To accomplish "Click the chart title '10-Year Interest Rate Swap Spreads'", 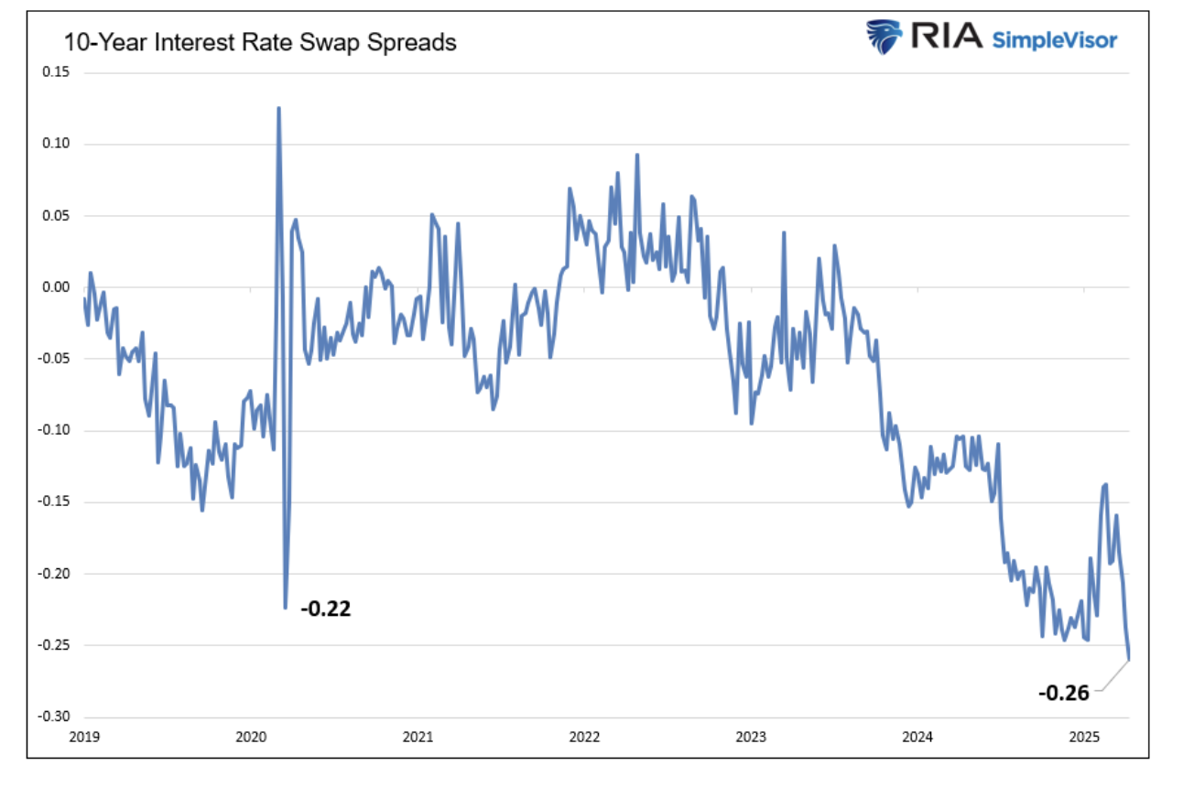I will tap(259, 43).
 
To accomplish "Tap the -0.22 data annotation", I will tap(326, 609).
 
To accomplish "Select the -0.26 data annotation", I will tap(1063, 693).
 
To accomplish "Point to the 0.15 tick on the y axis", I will tap(57, 72).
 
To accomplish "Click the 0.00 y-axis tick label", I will tap(57, 287).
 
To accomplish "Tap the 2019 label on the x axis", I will tap(84, 737).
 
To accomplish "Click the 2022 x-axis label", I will tap(584, 737).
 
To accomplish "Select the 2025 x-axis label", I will tap(1084, 737).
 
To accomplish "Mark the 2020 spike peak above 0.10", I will tap(278, 108).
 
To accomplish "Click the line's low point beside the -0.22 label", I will tap(286, 607).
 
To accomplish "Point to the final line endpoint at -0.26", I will tap(1129, 659).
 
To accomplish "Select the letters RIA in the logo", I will tap(942, 38).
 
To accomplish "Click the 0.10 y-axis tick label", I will tap(57, 144).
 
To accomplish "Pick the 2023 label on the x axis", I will tap(751, 737).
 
